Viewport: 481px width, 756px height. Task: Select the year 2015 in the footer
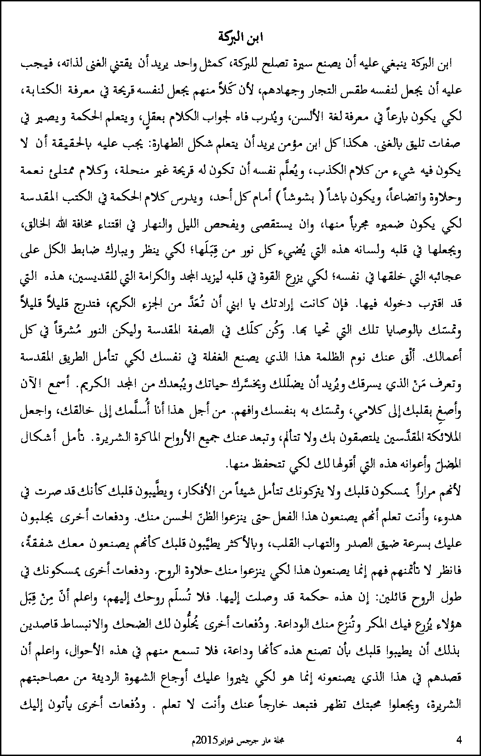tap(204, 740)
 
